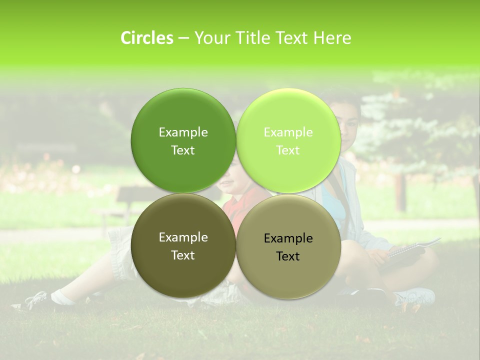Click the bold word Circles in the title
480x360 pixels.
pos(146,38)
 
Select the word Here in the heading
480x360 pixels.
pos(332,38)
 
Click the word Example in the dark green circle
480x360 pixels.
pos(183,132)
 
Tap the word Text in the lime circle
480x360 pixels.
pos(288,150)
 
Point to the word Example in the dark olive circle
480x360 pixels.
pos(183,237)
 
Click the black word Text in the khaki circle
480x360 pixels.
pos(288,256)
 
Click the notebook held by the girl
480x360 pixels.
pos(410,250)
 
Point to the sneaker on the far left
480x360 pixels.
pos(32,301)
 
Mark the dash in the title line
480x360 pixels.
pos(183,38)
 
